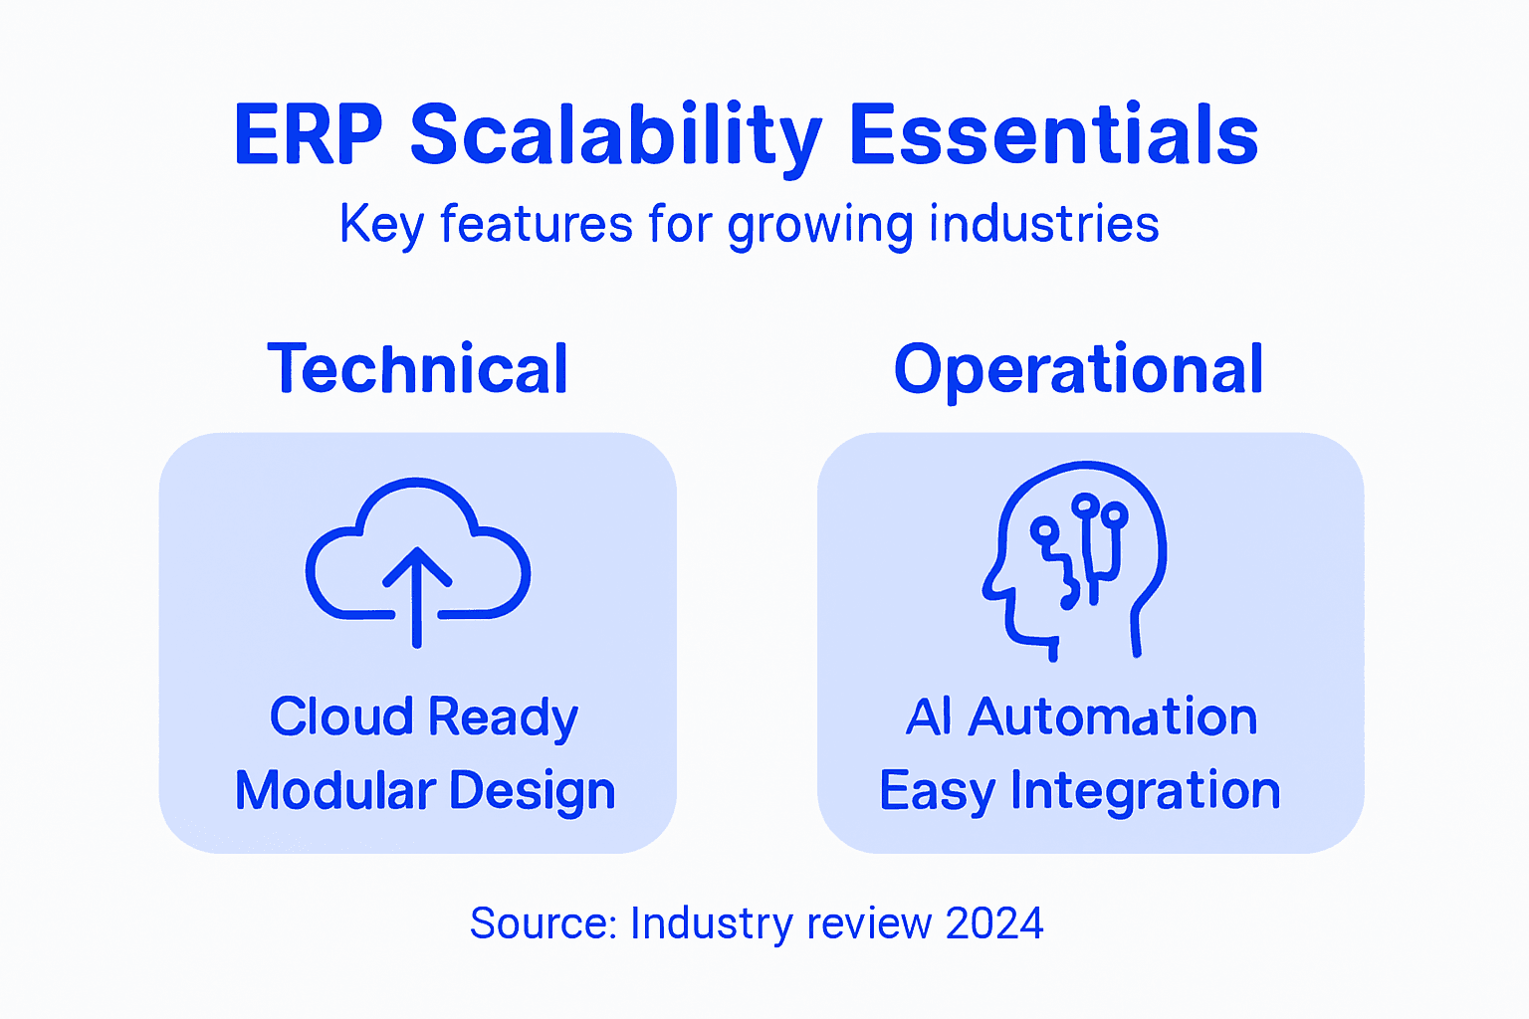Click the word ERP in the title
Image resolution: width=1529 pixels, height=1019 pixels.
click(x=308, y=135)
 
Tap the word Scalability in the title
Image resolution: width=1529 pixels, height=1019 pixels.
click(x=615, y=135)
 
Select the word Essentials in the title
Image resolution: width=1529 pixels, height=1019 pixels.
click(x=1053, y=135)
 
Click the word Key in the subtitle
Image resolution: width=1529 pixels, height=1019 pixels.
click(x=382, y=225)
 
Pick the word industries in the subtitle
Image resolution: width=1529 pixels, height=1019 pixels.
click(x=1043, y=225)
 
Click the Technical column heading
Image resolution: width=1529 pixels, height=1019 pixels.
click(x=418, y=369)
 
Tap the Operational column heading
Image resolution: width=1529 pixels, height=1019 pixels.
click(x=1078, y=369)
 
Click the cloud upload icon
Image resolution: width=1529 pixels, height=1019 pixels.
click(x=418, y=557)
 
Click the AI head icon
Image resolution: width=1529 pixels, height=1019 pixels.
click(x=1075, y=557)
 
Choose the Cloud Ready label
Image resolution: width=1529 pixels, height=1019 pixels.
click(x=424, y=716)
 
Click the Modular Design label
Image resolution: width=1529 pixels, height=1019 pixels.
click(x=425, y=791)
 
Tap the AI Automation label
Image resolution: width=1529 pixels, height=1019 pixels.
click(x=1081, y=716)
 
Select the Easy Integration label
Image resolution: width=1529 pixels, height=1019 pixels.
click(x=1080, y=791)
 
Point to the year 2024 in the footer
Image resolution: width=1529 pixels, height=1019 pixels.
click(x=994, y=923)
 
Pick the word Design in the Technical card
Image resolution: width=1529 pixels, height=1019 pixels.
click(x=532, y=791)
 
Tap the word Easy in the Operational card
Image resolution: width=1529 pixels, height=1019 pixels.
click(x=937, y=791)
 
